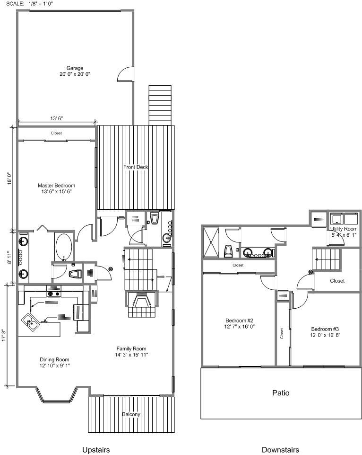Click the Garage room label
pos(75,68)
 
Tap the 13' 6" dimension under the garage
pos(56,118)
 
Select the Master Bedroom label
pos(56,186)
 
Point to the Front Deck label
pos(136,167)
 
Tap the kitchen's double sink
pos(30,321)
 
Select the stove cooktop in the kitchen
pos(54,294)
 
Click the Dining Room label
pos(54,359)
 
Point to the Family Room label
pos(131,348)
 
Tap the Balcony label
pos(131,414)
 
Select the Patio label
pos(281,393)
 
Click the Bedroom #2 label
pos(239,321)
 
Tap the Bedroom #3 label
pos(325,329)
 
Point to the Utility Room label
pos(344,229)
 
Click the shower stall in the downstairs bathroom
pos(211,242)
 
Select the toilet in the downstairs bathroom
pos(228,251)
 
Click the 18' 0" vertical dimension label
pos(9,178)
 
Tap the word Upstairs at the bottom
pos(96,450)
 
